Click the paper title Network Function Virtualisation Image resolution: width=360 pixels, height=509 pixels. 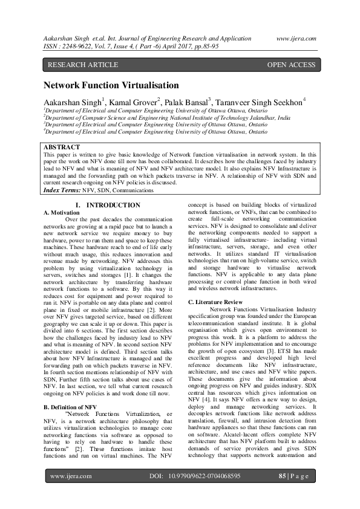tap(111, 85)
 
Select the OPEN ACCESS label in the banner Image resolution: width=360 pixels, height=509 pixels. tap(291, 65)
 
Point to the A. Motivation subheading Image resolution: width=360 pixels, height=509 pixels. tap(62, 213)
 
